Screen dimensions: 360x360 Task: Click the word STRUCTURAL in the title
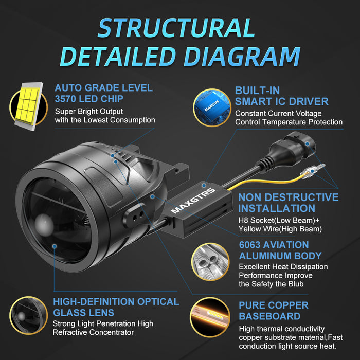[176, 28]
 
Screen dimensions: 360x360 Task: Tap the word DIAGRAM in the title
[242, 57]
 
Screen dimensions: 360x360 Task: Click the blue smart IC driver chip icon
[212, 107]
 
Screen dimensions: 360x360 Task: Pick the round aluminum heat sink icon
[210, 262]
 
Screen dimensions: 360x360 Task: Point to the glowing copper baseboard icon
[210, 317]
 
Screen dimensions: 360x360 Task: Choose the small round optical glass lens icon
[28, 315]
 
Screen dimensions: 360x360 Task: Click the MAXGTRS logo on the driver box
[193, 201]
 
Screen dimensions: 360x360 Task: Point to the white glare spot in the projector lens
[44, 225]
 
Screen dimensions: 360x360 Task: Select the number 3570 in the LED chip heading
[65, 99]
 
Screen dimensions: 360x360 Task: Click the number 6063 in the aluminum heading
[249, 245]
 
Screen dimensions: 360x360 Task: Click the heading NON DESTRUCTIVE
[289, 197]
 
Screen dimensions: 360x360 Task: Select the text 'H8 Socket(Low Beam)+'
[279, 220]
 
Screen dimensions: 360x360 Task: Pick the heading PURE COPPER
[274, 305]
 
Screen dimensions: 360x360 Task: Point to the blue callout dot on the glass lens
[55, 246]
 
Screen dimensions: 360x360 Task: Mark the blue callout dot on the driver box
[204, 185]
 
